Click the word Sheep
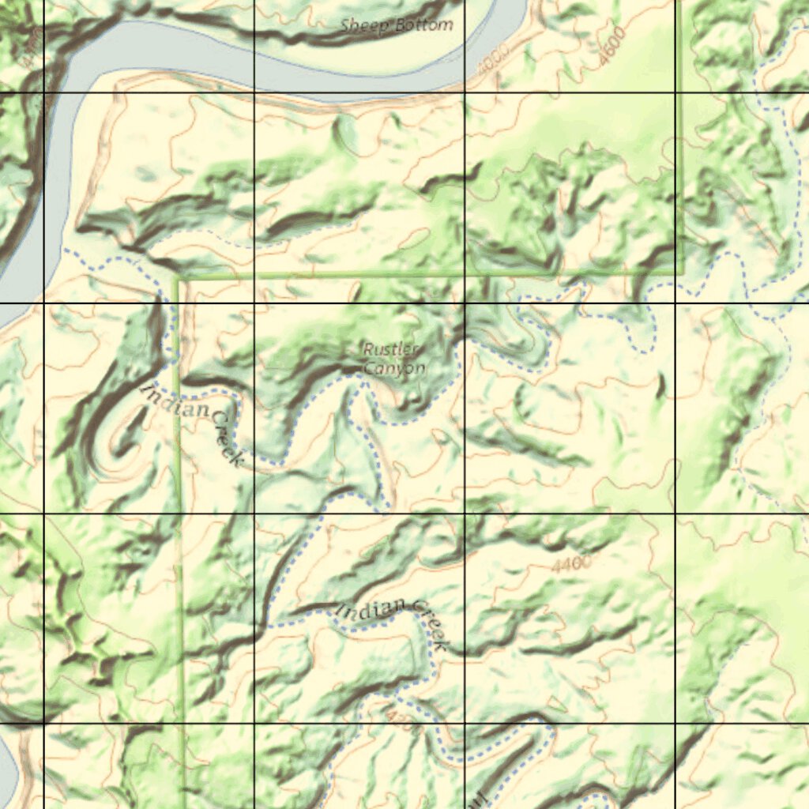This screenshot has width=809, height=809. [365, 25]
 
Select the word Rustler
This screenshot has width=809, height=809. [393, 349]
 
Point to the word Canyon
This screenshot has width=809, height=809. [394, 368]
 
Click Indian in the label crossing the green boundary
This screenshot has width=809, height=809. [175, 401]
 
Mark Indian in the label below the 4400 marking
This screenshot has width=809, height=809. [372, 609]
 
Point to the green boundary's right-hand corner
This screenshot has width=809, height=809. [679, 273]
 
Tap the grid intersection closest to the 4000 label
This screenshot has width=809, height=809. [465, 92]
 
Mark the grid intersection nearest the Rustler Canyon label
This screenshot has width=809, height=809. [465, 303]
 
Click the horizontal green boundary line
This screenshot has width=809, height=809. [427, 275]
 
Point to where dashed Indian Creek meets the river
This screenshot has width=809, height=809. [67, 251]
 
